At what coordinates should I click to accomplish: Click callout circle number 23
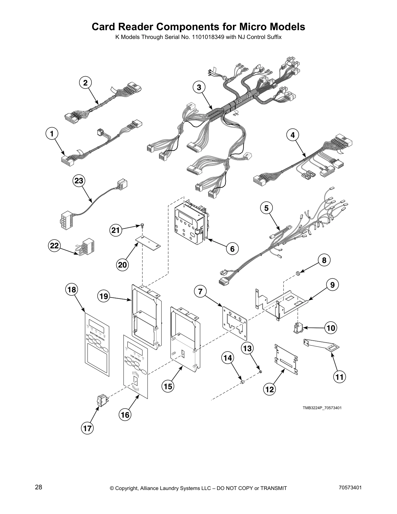tap(79, 180)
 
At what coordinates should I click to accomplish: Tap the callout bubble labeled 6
tap(232, 249)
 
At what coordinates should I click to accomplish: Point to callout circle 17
tap(87, 428)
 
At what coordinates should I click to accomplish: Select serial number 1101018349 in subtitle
tap(206, 37)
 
